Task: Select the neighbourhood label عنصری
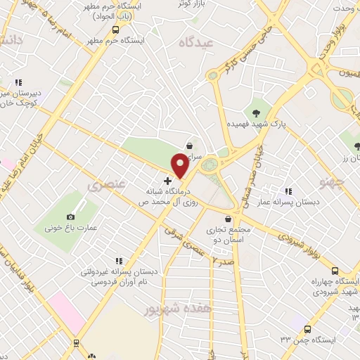tap(107, 185)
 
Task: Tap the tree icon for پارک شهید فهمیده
tap(256, 113)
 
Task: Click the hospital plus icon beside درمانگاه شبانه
tap(167, 181)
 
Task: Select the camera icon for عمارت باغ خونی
tap(70, 217)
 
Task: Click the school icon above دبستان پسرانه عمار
tap(288, 191)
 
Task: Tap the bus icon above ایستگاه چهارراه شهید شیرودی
tap(334, 271)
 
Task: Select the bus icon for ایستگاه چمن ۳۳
tap(307, 328)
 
